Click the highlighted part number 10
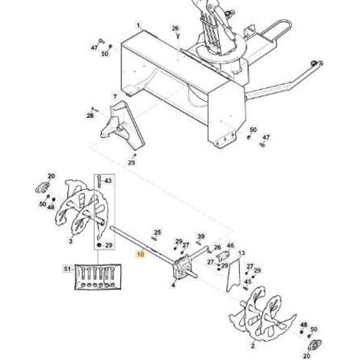pyautogui.click(x=140, y=254)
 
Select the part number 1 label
pyautogui.click(x=139, y=25)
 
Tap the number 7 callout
pyautogui.click(x=115, y=97)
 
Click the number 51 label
pyautogui.click(x=67, y=269)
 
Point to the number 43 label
pyautogui.click(x=108, y=181)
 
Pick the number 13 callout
pyautogui.click(x=241, y=253)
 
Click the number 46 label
pyautogui.click(x=231, y=245)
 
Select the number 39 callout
pyautogui.click(x=201, y=237)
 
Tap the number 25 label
pyautogui.click(x=158, y=232)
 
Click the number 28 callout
pyautogui.click(x=90, y=116)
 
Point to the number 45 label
pyautogui.click(x=247, y=282)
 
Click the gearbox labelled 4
pyautogui.click(x=182, y=267)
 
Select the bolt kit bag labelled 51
pyautogui.click(x=98, y=277)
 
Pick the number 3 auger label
pyautogui.click(x=70, y=241)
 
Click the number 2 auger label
pyautogui.click(x=253, y=346)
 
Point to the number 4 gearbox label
pyautogui.click(x=173, y=285)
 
